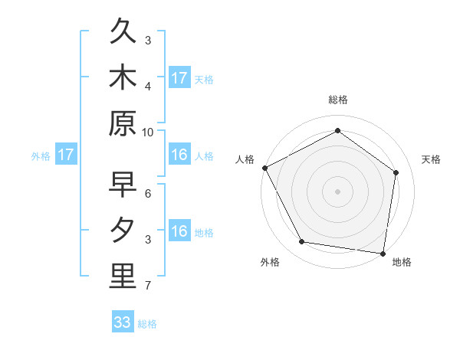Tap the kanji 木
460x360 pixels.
tap(123, 79)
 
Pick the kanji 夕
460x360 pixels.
tap(123, 231)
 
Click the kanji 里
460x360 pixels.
tap(123, 277)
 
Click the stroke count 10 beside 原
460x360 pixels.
tap(148, 133)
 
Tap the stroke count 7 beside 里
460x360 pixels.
tap(148, 286)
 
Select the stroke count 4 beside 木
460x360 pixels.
tap(148, 87)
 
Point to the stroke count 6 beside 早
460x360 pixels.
tap(148, 194)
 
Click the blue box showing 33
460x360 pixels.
tap(123, 322)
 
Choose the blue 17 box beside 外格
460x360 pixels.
tap(66, 155)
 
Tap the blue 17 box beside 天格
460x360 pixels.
tap(179, 78)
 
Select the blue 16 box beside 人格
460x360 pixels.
tap(179, 155)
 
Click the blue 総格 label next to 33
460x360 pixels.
tap(147, 324)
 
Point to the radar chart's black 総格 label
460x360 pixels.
tap(337, 100)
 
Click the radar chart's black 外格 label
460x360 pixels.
tap(270, 262)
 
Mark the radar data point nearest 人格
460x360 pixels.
tap(264, 168)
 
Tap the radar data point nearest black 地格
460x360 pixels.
tap(383, 253)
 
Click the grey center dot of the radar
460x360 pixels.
tap(337, 191)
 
